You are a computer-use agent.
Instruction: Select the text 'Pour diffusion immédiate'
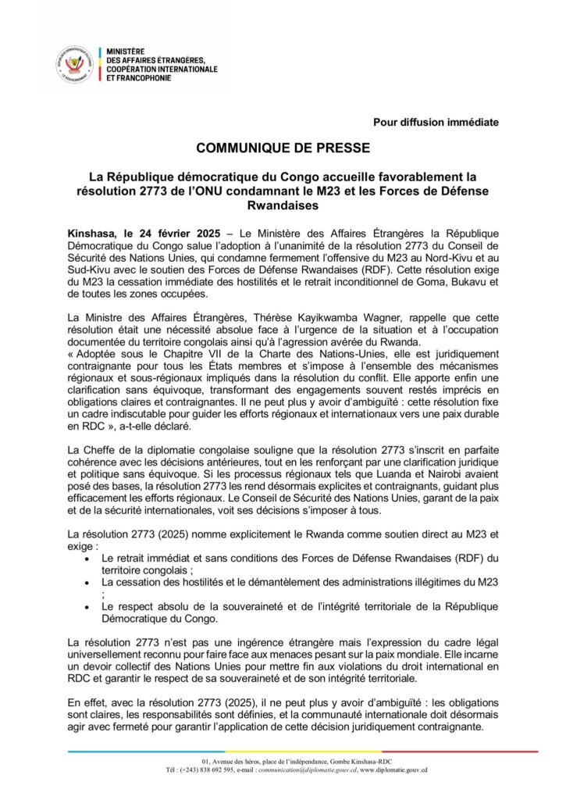(436, 122)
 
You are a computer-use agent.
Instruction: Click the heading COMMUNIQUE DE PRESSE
(283, 147)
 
